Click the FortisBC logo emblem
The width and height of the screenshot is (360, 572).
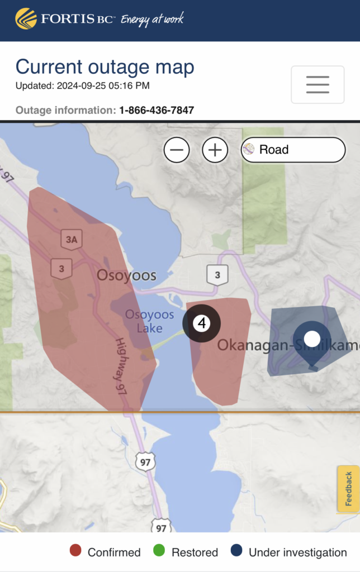pos(26,18)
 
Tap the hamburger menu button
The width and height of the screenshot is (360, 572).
pos(318,84)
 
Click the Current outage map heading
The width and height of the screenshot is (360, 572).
pos(105,67)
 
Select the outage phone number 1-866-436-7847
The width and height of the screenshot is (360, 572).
pos(157,110)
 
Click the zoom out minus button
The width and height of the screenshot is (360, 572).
pos(177,150)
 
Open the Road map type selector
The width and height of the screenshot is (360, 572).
pos(293,150)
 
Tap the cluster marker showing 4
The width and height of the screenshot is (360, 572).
pos(202,323)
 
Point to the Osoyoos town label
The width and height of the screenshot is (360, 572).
pos(126,275)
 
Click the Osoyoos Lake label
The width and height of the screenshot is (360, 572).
pos(149,321)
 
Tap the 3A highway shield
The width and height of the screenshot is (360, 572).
pos(72,240)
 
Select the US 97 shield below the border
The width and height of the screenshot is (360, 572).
pos(145,461)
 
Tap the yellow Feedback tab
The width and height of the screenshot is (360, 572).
pos(348,489)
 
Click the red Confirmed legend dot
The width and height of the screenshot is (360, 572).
pos(75,552)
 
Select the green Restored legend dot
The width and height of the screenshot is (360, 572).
pos(159,552)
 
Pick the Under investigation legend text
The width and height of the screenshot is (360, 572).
pos(297,552)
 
